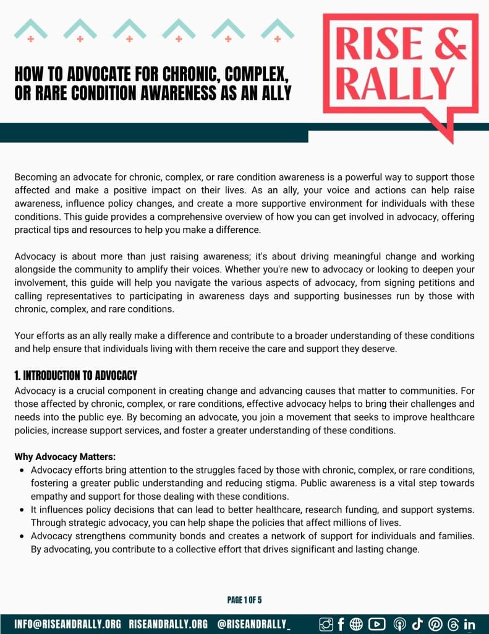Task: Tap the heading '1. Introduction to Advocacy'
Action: (x=75, y=376)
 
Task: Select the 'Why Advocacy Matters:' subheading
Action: (x=65, y=458)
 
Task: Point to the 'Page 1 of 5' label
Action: (x=244, y=600)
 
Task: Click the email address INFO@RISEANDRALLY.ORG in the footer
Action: (x=68, y=623)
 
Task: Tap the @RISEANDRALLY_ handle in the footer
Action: (x=254, y=623)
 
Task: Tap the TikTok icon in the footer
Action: (x=417, y=623)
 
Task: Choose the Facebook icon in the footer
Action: (x=341, y=623)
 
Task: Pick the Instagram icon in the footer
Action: (x=326, y=623)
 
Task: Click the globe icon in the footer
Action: (x=357, y=623)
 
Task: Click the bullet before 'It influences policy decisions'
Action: (x=22, y=510)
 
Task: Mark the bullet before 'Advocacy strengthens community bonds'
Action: (x=22, y=536)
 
